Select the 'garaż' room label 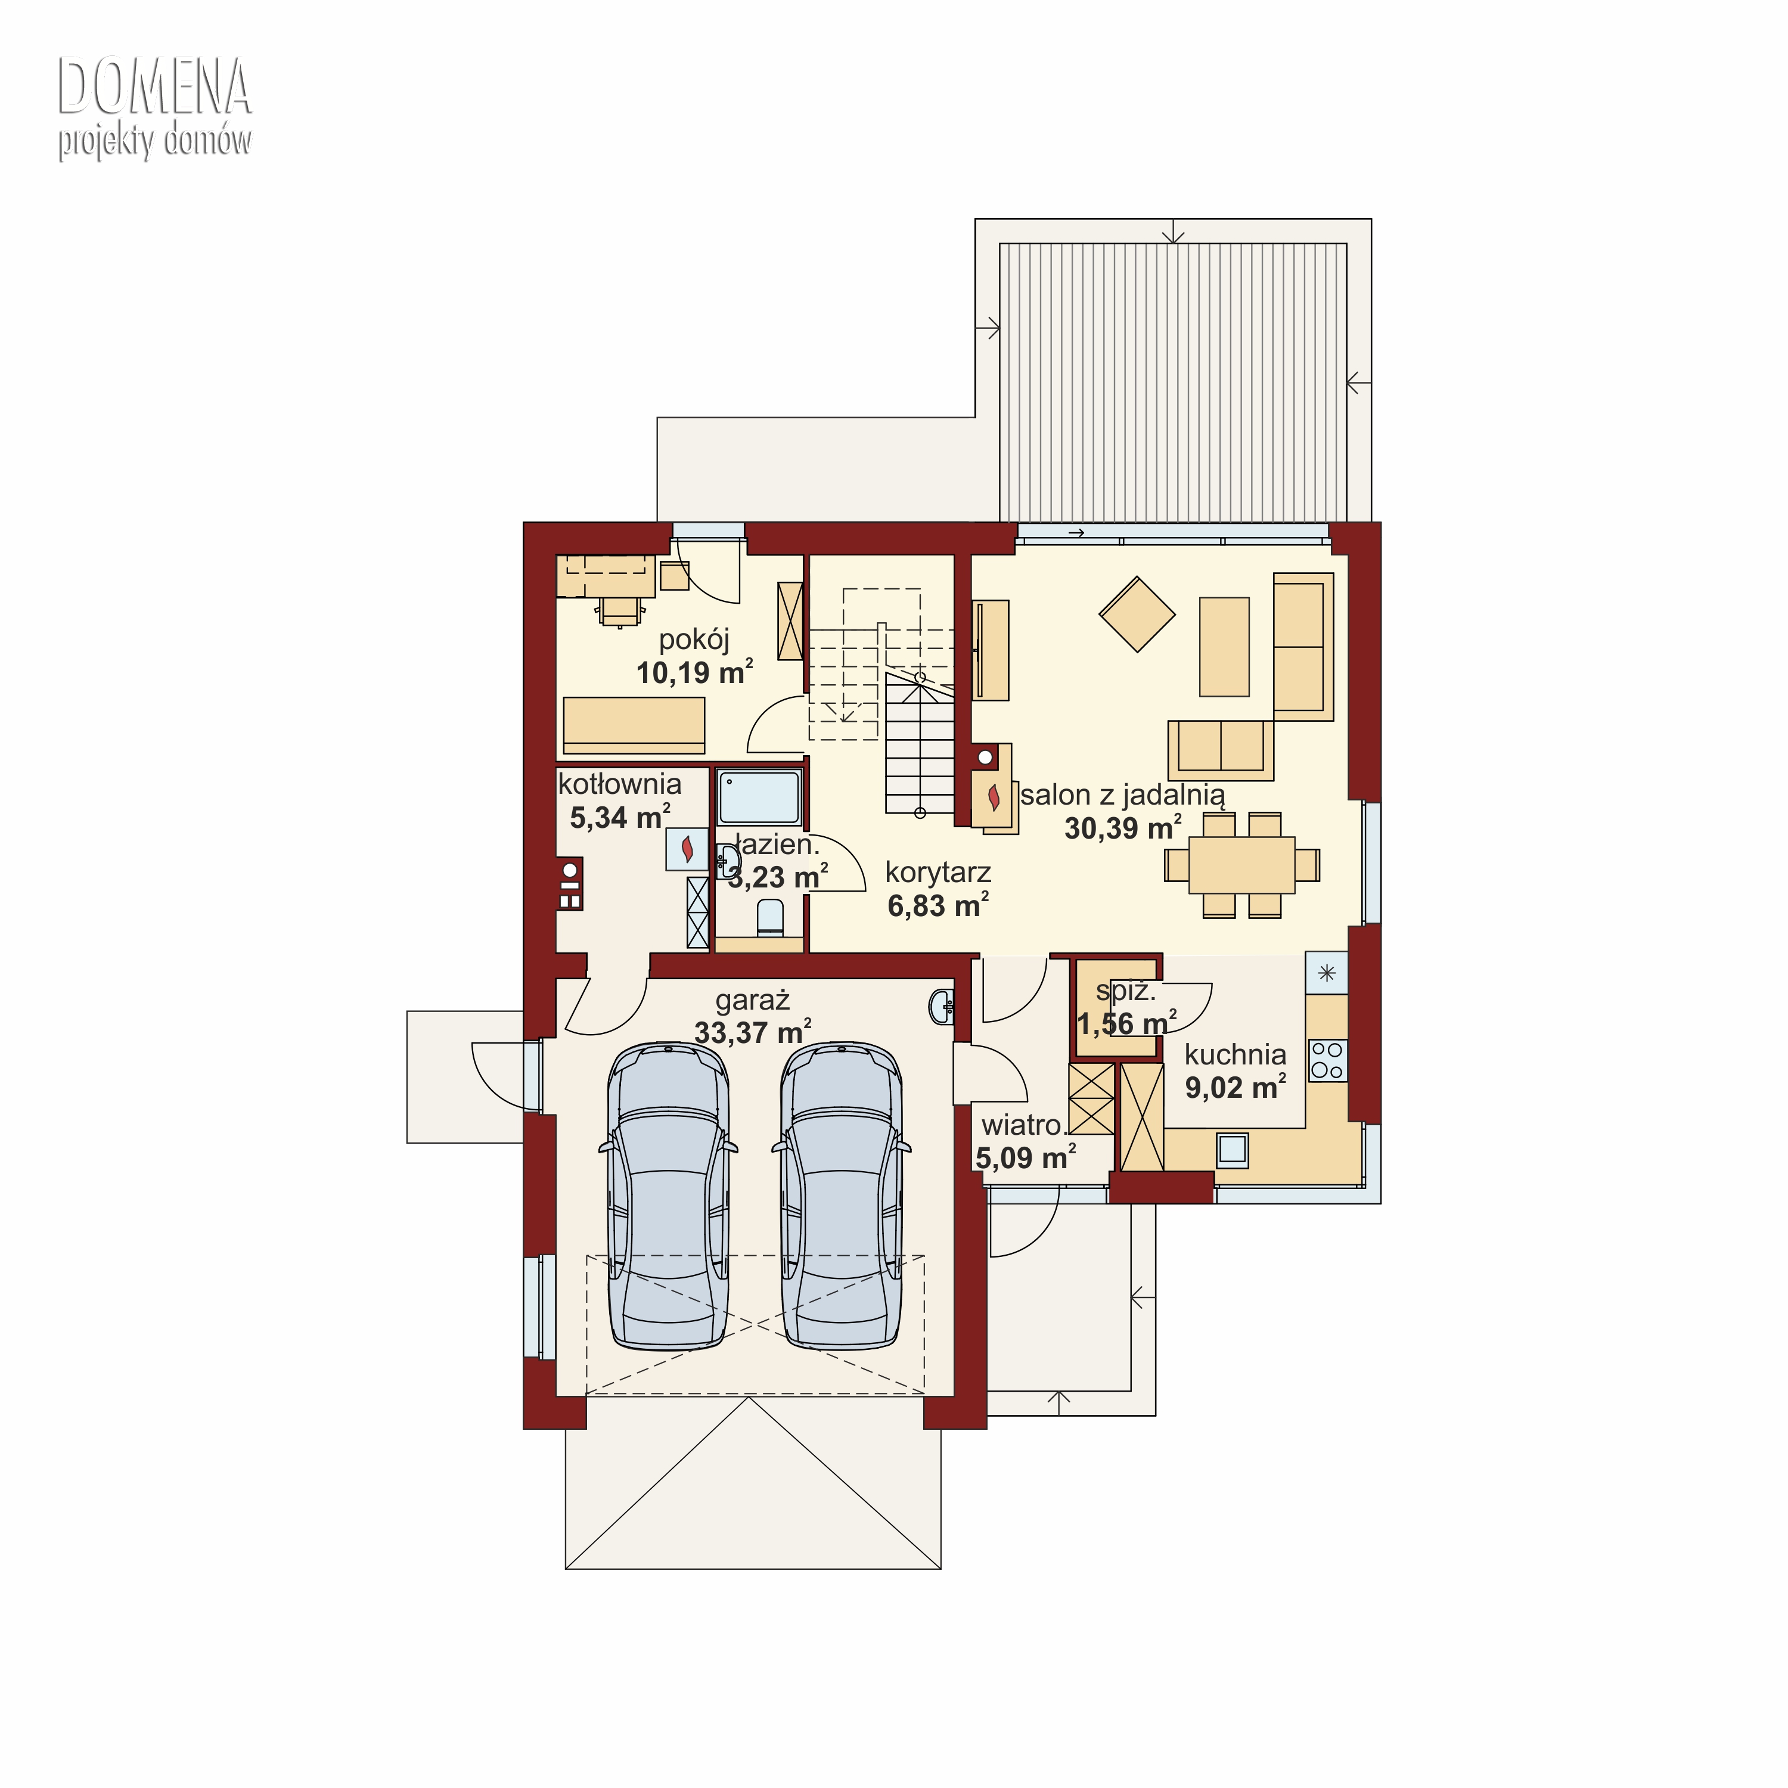click(752, 1001)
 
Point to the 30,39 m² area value click(1123, 827)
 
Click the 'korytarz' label click(938, 872)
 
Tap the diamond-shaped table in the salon click(1137, 614)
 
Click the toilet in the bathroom click(770, 917)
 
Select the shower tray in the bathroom click(759, 796)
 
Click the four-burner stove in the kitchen click(1327, 1061)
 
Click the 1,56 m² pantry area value click(1127, 1023)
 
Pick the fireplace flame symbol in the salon click(994, 797)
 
